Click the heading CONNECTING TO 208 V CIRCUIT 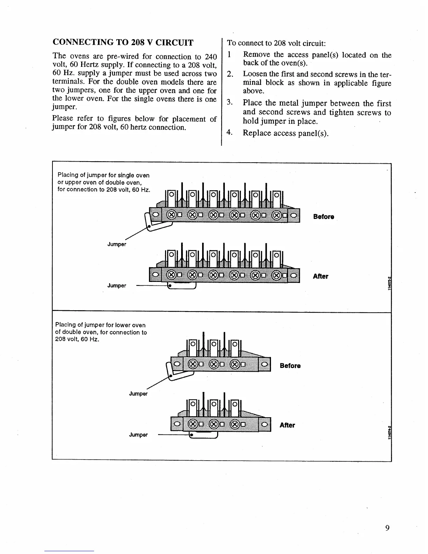[123, 43]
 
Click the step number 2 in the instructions [230, 74]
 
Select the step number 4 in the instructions [229, 133]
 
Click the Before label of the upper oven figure [323, 216]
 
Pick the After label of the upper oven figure [320, 276]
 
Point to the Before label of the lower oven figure [290, 365]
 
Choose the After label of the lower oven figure [287, 425]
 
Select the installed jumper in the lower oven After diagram [203, 435]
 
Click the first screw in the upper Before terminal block [171, 214]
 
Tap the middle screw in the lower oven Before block [214, 364]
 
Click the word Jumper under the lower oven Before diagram [138, 393]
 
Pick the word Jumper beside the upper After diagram [116, 285]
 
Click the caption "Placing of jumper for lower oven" [100, 325]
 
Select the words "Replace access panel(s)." [285, 133]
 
